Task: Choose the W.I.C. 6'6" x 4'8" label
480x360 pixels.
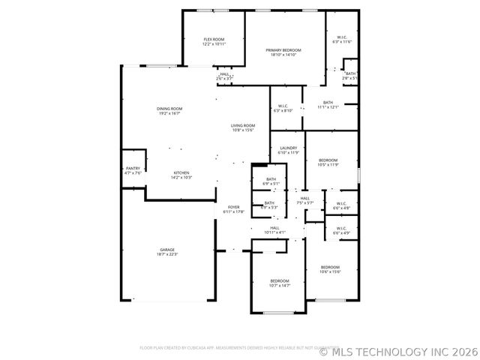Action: coord(340,205)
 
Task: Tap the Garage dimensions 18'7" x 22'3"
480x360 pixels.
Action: coord(166,254)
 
